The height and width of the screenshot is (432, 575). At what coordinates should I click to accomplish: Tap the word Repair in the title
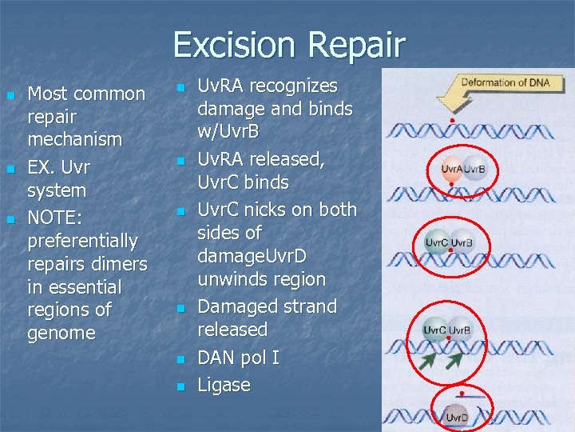pos(359,46)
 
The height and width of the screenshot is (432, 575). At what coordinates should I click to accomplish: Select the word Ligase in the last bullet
pos(224,386)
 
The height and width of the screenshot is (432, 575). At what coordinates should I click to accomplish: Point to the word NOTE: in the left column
pos(55,218)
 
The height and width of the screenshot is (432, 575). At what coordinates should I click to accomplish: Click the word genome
pos(61,333)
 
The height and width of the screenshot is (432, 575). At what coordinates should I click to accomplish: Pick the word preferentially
pos(82,241)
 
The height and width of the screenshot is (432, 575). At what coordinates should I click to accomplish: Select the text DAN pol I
pos(238,358)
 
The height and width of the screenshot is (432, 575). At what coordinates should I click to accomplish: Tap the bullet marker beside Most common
pos(10,95)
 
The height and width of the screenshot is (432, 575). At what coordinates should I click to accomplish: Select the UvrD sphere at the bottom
pos(457,417)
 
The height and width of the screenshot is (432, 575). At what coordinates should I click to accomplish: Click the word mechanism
pos(75,139)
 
